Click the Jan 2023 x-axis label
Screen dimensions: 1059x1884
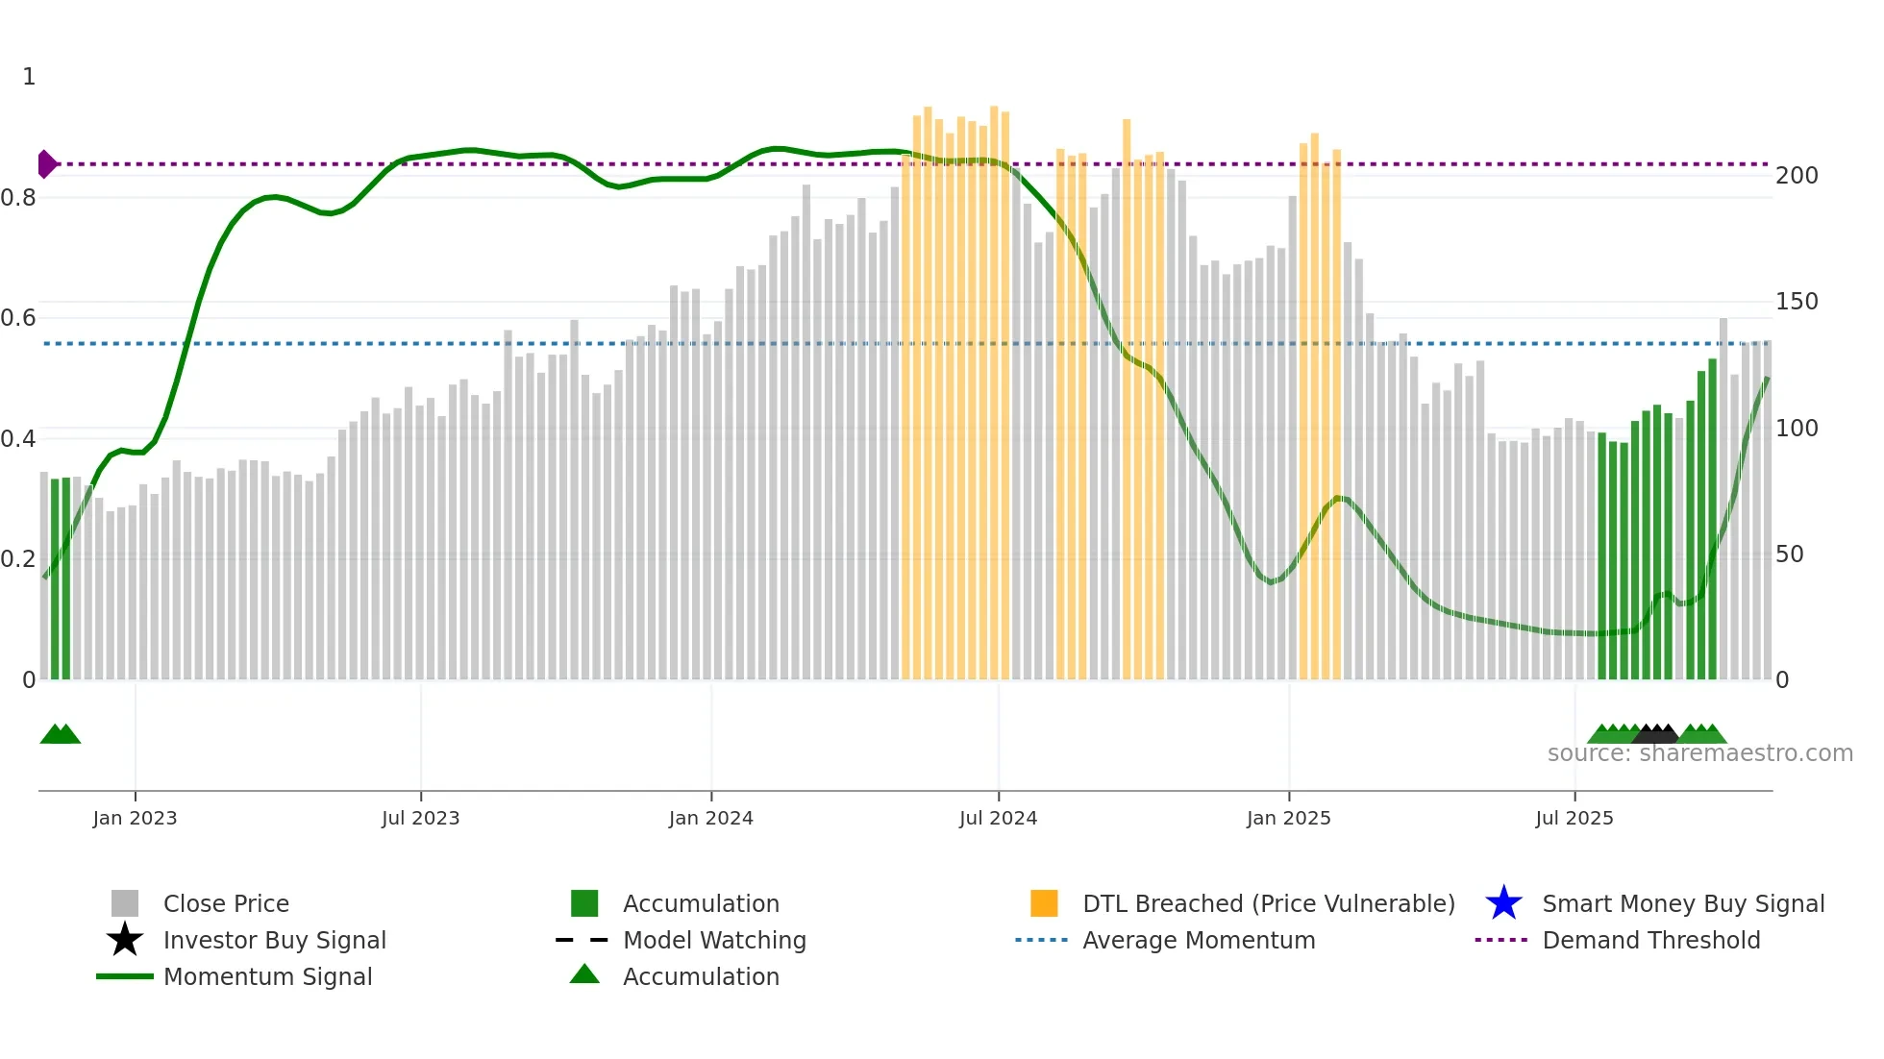(x=135, y=818)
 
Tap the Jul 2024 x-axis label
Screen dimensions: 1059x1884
(x=998, y=818)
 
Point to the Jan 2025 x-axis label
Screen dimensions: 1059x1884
(x=1288, y=818)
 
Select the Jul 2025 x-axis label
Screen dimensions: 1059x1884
(x=1574, y=818)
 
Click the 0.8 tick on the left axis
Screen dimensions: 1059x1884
(x=18, y=198)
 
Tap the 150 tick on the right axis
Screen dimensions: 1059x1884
(x=1796, y=302)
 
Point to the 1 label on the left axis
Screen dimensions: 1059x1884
(x=29, y=77)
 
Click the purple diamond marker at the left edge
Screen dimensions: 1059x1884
(x=46, y=164)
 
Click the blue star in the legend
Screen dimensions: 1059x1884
(x=1503, y=903)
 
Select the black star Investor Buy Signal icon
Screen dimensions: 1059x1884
(x=125, y=940)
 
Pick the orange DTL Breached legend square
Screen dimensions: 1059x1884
(x=1044, y=903)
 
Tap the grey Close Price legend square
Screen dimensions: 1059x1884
(x=125, y=903)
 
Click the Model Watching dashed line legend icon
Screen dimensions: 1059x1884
(x=583, y=940)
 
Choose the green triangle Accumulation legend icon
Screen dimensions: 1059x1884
(x=584, y=974)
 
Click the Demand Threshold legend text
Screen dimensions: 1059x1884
(x=1650, y=940)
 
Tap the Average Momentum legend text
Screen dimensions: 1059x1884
(x=1198, y=940)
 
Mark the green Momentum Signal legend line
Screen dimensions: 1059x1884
(x=125, y=976)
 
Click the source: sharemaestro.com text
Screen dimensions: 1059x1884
(x=1699, y=753)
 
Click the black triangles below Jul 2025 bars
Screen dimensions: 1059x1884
(x=1655, y=734)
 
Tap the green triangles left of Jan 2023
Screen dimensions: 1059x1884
(x=60, y=734)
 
